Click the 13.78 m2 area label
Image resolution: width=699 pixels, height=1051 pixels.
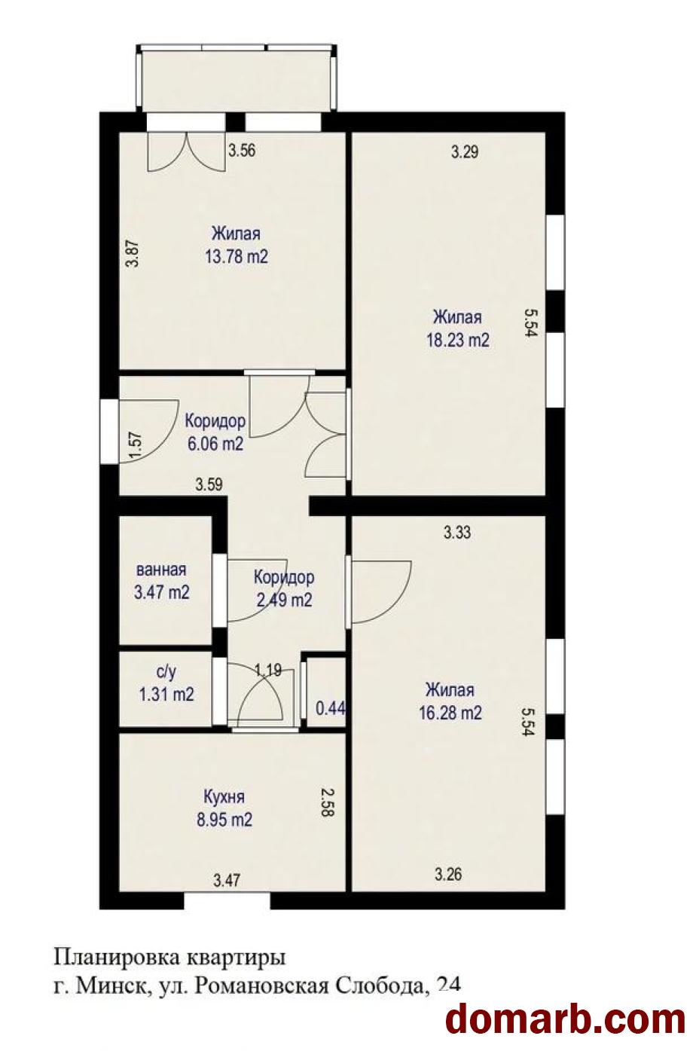coord(236,257)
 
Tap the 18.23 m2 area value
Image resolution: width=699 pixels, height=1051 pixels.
coord(457,341)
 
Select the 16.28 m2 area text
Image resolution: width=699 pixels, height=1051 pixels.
coord(450,713)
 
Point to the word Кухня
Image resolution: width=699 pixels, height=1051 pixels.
coord(224,796)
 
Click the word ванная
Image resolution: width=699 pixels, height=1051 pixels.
coord(161,570)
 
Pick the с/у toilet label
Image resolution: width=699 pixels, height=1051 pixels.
coord(166,672)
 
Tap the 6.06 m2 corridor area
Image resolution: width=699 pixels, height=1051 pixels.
coord(215,444)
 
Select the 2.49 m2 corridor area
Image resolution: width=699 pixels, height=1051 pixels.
coord(284,600)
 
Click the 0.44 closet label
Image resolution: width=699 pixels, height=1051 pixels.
coord(331,708)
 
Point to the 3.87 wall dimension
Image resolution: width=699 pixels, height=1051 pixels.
coord(134,254)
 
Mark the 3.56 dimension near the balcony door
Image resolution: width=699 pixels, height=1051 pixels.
coord(242,151)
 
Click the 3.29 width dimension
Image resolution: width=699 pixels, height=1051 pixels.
coord(465,151)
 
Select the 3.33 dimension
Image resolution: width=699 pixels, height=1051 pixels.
coord(457,533)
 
